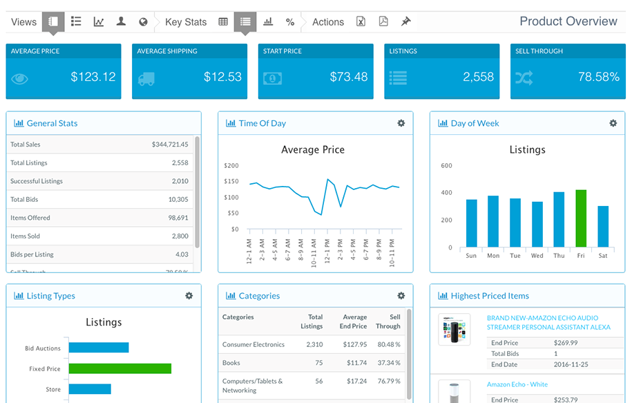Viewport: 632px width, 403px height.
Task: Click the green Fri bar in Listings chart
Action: pyautogui.click(x=581, y=218)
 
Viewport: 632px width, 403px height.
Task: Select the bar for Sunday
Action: pyautogui.click(x=471, y=223)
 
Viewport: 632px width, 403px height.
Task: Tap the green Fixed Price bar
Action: pyautogui.click(x=119, y=368)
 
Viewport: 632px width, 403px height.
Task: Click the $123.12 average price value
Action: pyautogui.click(x=93, y=77)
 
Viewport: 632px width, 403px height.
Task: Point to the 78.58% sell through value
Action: pyautogui.click(x=598, y=77)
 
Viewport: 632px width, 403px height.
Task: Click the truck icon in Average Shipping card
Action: pyautogui.click(x=146, y=79)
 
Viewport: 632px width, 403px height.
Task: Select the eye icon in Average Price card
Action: pyautogui.click(x=20, y=79)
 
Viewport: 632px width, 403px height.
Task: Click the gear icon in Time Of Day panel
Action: pyautogui.click(x=401, y=123)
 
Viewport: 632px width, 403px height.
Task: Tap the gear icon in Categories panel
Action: pyautogui.click(x=401, y=296)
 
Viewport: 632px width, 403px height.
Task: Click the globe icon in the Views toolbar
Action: pyautogui.click(x=143, y=22)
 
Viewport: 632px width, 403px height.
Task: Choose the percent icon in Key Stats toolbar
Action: pyautogui.click(x=290, y=22)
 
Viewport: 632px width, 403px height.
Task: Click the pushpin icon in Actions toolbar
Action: pyautogui.click(x=406, y=22)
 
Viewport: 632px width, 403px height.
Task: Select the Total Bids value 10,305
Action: pyautogui.click(x=178, y=199)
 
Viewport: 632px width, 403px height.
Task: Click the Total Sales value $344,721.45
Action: pyautogui.click(x=170, y=144)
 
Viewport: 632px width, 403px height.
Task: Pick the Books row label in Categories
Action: pyautogui.click(x=231, y=363)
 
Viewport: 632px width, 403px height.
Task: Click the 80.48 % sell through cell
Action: pyautogui.click(x=388, y=344)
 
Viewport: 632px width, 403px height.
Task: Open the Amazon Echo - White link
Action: pyautogui.click(x=517, y=384)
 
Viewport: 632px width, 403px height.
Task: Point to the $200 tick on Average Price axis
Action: pyautogui.click(x=231, y=166)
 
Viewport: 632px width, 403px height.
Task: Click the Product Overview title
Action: pyautogui.click(x=568, y=21)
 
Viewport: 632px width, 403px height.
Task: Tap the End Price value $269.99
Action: pyautogui.click(x=566, y=343)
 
